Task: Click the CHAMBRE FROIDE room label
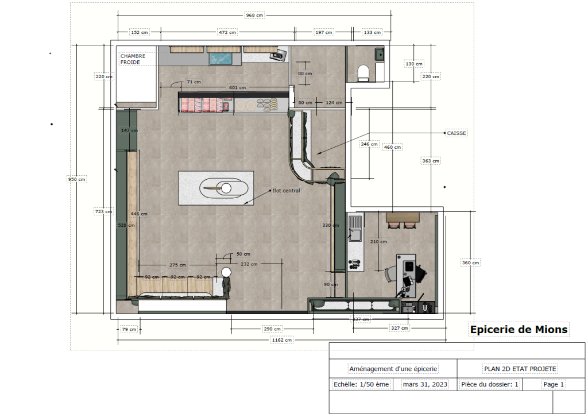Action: click(133, 59)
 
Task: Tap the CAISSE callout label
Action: click(457, 133)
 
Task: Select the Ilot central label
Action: click(286, 191)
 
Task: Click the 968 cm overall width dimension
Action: click(254, 16)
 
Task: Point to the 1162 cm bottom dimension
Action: click(281, 340)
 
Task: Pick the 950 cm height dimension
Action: click(76, 179)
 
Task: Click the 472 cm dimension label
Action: click(227, 32)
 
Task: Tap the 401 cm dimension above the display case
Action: click(237, 87)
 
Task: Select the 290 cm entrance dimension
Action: click(272, 329)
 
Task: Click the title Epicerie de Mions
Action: click(519, 330)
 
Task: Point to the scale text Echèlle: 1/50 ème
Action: click(361, 384)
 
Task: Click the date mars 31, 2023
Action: click(425, 384)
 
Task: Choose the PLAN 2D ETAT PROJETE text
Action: click(520, 369)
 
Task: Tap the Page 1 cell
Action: click(554, 384)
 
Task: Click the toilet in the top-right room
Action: click(363, 73)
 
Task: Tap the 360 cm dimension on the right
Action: click(470, 263)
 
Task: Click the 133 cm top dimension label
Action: click(372, 32)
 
